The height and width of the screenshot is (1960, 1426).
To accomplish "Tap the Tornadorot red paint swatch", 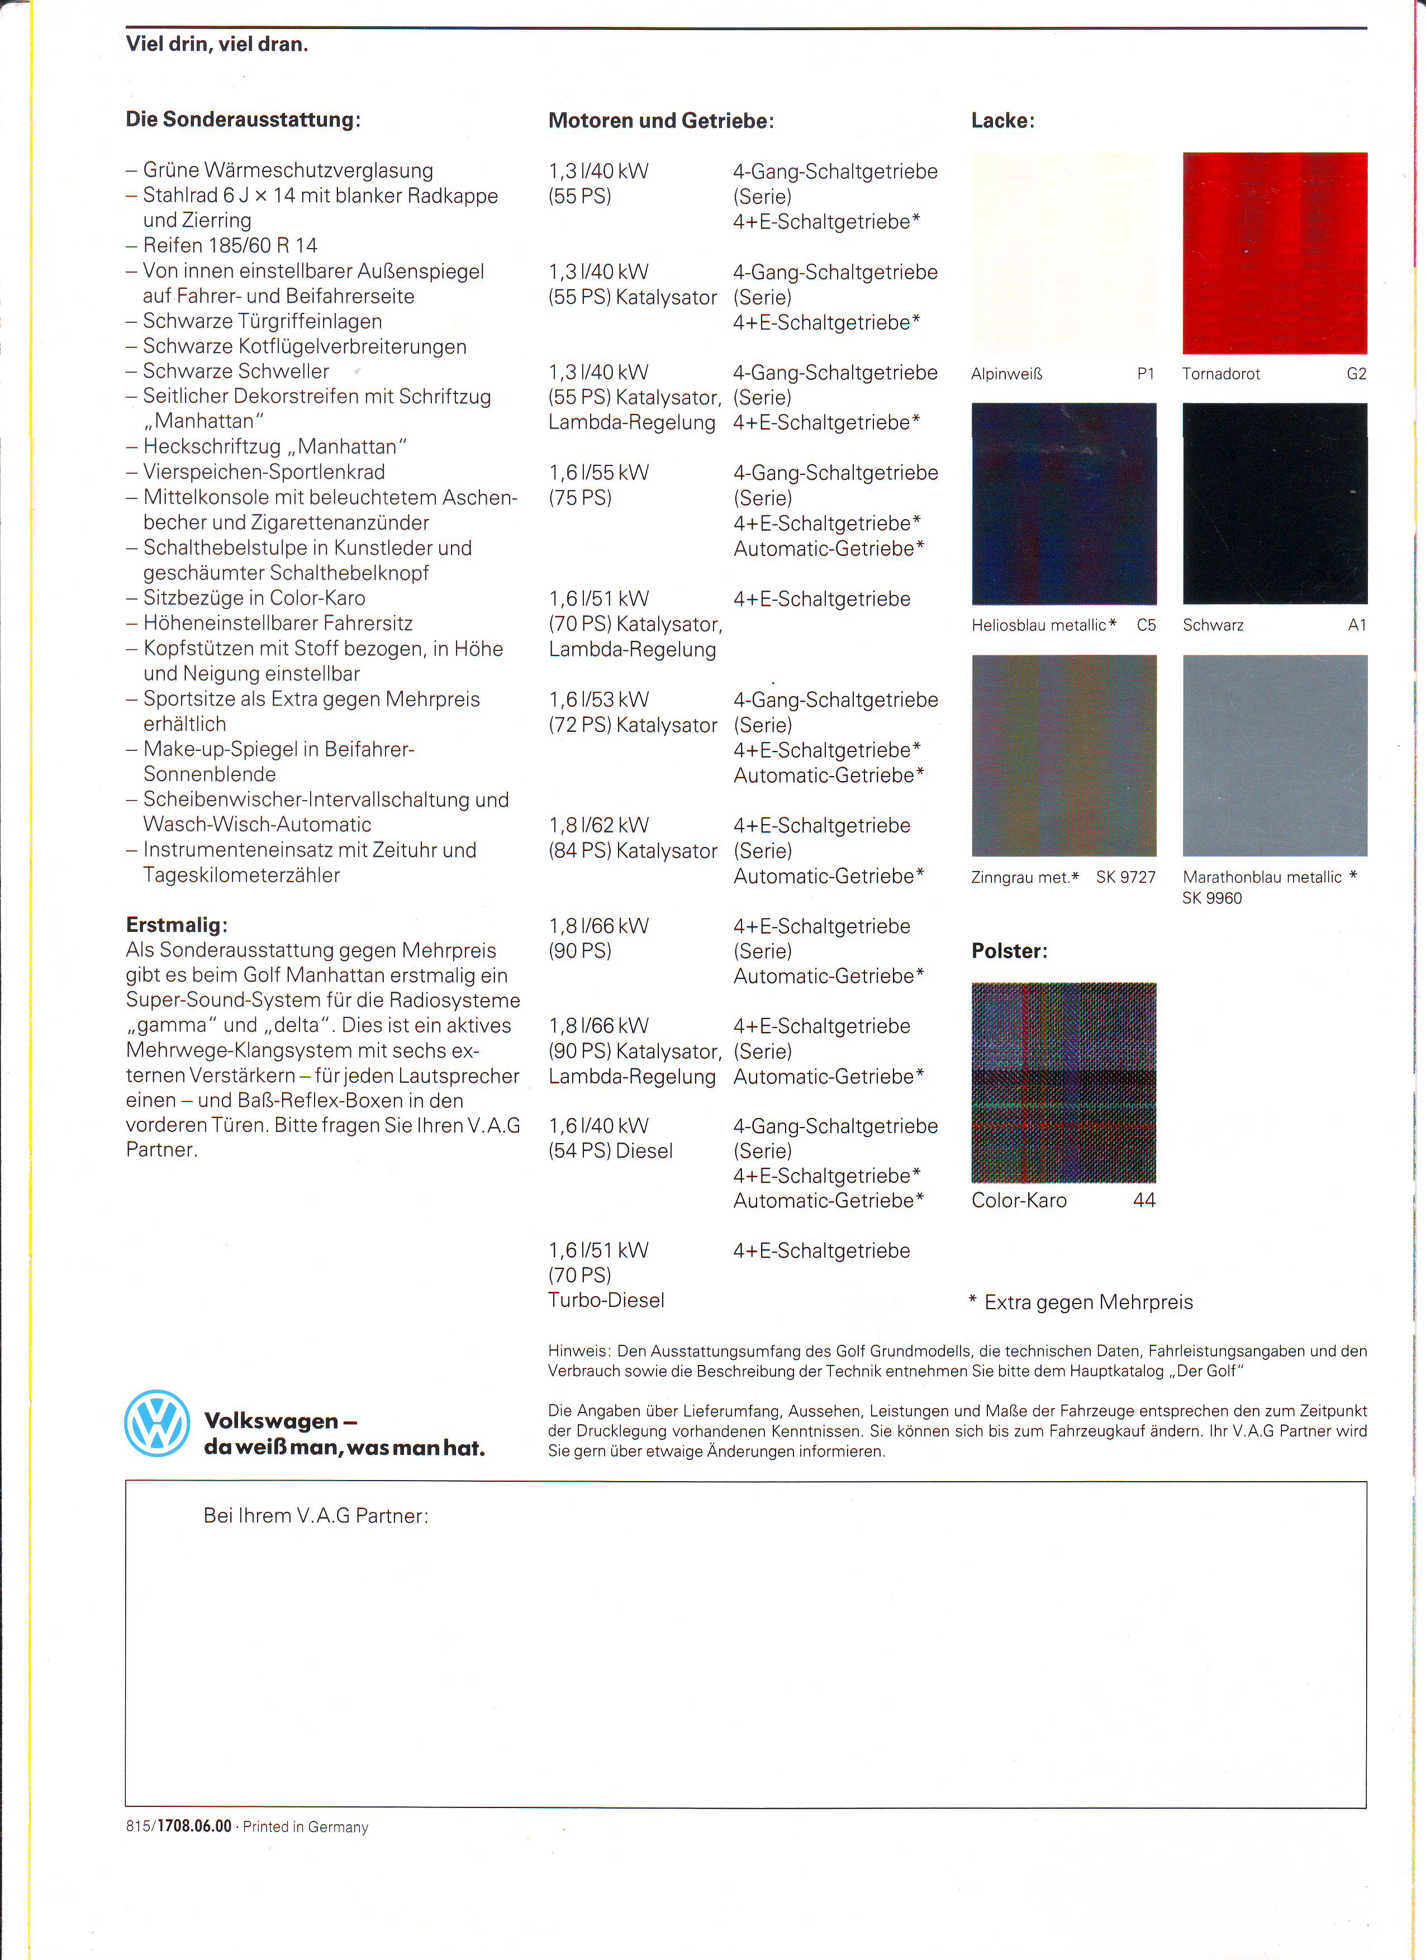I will coord(1275,253).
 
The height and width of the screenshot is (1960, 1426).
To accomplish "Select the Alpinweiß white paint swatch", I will coord(1064,253).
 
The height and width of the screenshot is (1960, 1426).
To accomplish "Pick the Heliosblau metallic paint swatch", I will coord(1064,504).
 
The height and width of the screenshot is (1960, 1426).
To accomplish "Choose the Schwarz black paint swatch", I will coord(1275,504).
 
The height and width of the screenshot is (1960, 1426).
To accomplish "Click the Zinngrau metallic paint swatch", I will coord(1064,755).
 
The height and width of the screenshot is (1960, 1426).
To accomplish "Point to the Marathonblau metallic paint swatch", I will coord(1275,755).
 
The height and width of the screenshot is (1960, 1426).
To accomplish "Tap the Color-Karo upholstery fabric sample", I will coord(1064,1082).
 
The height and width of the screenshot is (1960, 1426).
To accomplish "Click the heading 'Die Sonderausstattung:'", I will coord(243,119).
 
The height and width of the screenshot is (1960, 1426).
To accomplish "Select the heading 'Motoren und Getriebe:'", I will coord(661,121).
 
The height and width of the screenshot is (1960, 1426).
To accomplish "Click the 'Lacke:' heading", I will coord(1002,121).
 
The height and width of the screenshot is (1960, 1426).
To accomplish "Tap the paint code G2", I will coord(1356,374).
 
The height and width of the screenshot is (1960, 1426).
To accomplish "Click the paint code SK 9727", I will coord(1125,877).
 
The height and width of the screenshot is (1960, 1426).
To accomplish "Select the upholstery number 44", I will coord(1144,1200).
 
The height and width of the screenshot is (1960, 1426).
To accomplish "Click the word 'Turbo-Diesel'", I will coord(606,1301).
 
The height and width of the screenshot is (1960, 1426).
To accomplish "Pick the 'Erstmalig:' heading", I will coord(177,925).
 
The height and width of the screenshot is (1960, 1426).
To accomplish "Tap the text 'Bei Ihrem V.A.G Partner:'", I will coord(316,1516).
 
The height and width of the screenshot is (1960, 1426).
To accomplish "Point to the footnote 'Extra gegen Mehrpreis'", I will coord(1088,1302).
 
